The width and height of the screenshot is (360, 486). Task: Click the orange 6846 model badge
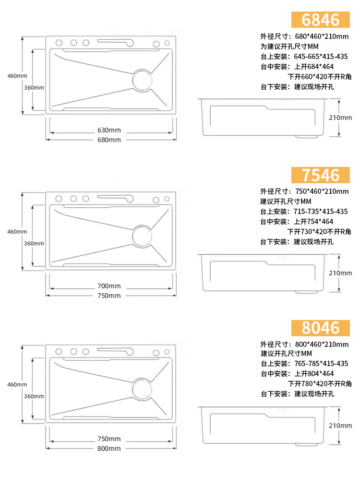pos(321,19)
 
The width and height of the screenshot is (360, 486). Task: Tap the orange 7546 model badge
pos(321,175)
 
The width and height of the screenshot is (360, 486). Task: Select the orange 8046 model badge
pos(321,328)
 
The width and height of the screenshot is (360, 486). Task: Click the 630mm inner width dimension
pos(109,130)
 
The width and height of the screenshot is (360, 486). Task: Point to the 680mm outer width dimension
pos(109,140)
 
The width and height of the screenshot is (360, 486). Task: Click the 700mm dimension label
pos(109,286)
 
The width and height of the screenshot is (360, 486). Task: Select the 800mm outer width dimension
pos(109,449)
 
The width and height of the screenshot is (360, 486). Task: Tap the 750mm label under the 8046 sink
pos(109,439)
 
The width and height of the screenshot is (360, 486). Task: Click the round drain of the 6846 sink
pos(142,79)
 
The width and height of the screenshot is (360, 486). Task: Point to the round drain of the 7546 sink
pos(142,236)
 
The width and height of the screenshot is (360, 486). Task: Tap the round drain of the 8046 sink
pos(142,388)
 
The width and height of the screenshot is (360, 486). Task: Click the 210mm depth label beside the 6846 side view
pos(341,117)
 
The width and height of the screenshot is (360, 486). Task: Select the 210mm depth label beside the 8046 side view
pos(341,426)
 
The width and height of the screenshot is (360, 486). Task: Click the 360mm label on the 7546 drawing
pos(34,243)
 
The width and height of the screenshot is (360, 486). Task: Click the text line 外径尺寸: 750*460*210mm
pos(304,191)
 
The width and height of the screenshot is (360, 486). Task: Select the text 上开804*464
pos(314,373)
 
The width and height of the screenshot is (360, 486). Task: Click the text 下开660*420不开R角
pos(319,77)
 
